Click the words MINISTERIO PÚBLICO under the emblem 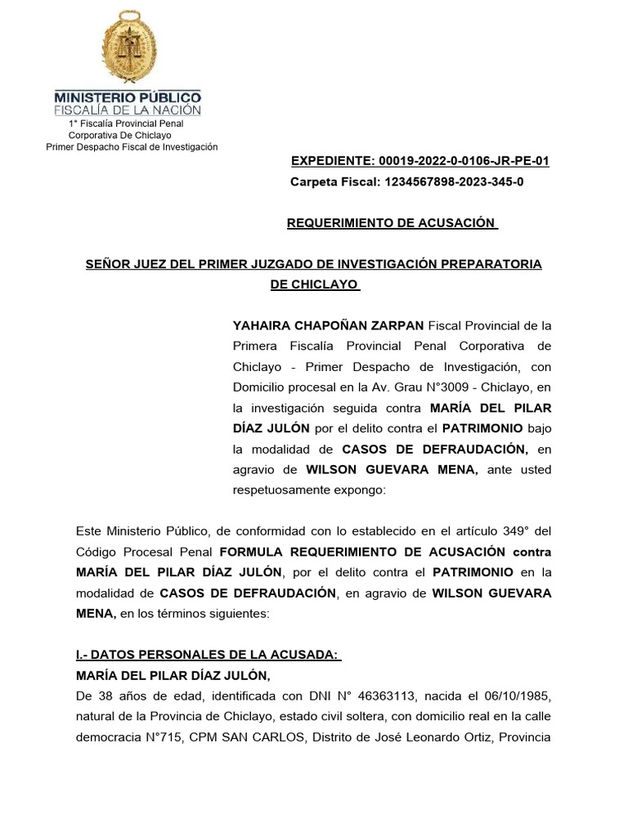[x=128, y=96]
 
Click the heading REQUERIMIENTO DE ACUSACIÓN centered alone [x=392, y=223]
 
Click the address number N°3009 [x=433, y=387]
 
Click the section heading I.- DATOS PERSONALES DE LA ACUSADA [x=207, y=655]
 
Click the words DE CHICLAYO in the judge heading [x=314, y=284]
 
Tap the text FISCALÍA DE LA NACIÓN [x=128, y=110]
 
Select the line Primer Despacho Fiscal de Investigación [x=132, y=147]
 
